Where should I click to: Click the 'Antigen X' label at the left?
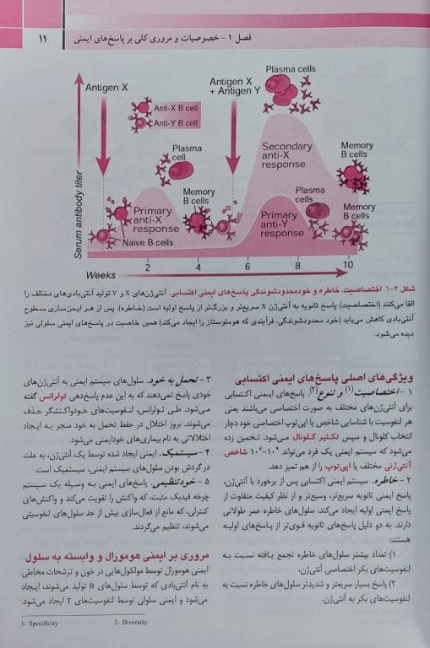coord(112,87)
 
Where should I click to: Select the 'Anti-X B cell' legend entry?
coord(176,109)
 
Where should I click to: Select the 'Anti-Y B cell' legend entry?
coord(176,123)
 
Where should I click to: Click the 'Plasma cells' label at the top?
coord(291,69)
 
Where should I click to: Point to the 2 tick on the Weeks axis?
coord(147,267)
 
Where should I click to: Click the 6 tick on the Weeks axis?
coord(247,267)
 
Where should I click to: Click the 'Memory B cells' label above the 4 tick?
coord(199,196)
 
